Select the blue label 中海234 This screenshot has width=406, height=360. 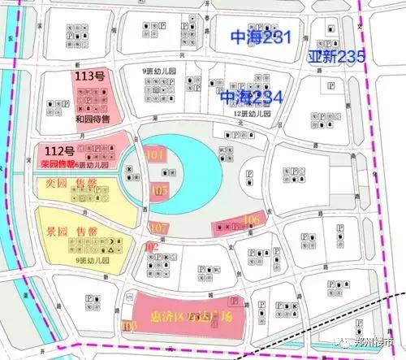click(x=252, y=98)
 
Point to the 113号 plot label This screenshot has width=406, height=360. click(x=90, y=76)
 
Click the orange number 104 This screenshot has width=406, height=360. click(x=154, y=154)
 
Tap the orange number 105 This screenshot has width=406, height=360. click(x=159, y=192)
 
